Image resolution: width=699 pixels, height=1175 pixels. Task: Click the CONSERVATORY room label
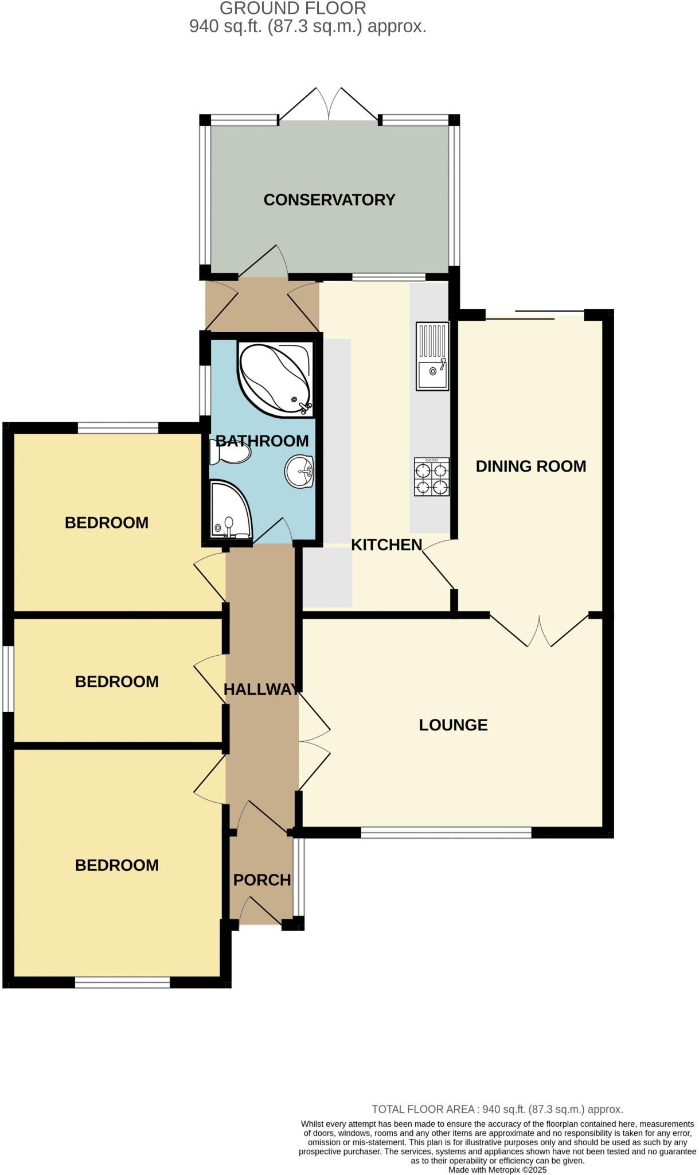(x=329, y=200)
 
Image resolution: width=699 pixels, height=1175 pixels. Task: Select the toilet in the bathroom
(x=231, y=455)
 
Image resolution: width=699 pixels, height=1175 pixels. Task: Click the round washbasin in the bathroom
(x=299, y=471)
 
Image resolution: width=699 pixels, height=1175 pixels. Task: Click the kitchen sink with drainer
(x=432, y=356)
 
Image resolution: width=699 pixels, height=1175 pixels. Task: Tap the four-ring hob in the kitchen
(x=432, y=477)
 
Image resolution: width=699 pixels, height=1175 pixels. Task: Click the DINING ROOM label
(x=530, y=466)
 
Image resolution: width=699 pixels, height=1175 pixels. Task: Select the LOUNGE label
(x=453, y=725)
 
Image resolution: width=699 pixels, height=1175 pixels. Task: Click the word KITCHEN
(x=386, y=544)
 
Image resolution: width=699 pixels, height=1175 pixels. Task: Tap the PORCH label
(x=262, y=880)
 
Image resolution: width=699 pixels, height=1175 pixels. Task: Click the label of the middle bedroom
(x=116, y=681)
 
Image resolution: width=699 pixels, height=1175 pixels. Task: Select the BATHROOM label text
(x=262, y=441)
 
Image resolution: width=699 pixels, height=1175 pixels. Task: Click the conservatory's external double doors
(x=329, y=106)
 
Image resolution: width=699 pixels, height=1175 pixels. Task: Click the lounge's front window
(x=446, y=832)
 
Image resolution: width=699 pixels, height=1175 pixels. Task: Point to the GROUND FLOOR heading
(x=292, y=9)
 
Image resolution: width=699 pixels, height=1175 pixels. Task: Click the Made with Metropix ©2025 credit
(x=497, y=1169)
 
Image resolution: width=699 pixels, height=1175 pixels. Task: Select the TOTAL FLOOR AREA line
(x=497, y=1109)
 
